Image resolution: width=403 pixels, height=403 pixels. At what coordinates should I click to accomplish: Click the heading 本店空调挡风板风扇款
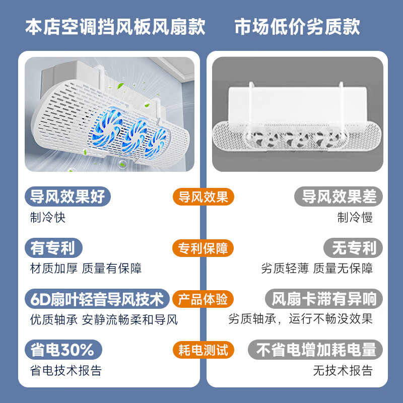pos(115,27)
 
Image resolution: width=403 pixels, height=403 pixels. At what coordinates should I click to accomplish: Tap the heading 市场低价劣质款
pos(297,27)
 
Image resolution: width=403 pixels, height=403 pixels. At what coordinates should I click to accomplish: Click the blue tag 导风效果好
pos(68,196)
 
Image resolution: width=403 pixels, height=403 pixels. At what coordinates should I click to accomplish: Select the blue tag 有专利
pos(53,247)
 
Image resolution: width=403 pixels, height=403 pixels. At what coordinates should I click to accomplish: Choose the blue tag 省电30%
pos(62,350)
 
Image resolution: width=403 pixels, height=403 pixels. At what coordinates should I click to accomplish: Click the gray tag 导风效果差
pos(339,196)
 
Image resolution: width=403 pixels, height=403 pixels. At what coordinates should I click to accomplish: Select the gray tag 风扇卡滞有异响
pos(324,299)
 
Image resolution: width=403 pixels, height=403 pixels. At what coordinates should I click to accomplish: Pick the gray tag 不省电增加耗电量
pos(316,350)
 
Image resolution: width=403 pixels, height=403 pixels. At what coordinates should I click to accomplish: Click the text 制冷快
pos(47,218)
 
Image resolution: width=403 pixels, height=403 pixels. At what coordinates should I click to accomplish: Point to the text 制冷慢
pos(355,218)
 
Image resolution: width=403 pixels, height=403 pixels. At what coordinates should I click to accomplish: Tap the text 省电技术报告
pos(66,371)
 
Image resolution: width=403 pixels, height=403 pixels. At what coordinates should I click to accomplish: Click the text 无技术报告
pos(343,371)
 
